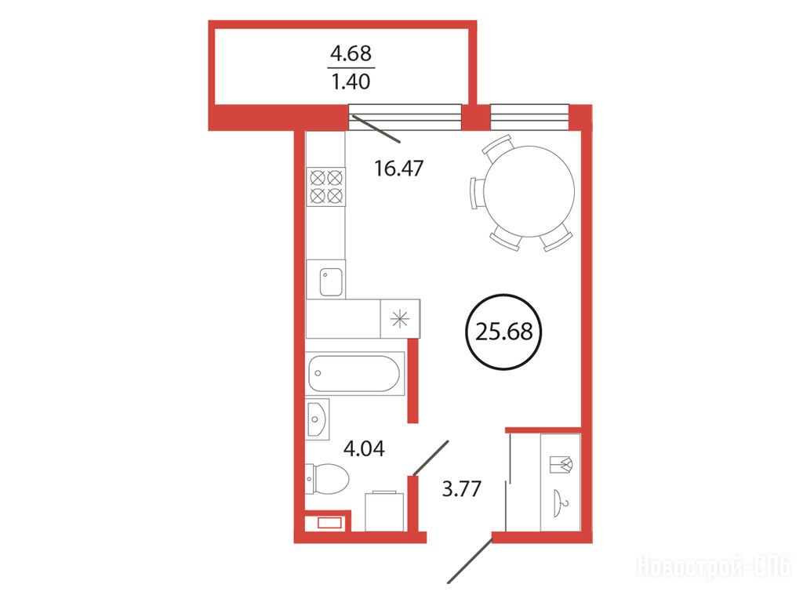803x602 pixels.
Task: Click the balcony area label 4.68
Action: point(351,53)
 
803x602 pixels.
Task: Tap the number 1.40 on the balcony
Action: point(351,82)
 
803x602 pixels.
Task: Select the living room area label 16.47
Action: point(399,168)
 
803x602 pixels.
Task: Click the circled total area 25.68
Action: point(504,332)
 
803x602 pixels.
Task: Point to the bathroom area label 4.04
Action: point(364,448)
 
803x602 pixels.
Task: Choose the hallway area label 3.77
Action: point(461,488)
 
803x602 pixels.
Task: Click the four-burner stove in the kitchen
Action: point(326,187)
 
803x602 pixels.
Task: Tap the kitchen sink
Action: point(331,282)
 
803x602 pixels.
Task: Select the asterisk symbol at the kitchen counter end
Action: point(400,319)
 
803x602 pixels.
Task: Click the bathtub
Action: point(354,374)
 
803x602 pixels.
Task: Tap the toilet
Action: point(327,480)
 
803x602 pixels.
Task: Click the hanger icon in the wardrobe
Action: point(561,502)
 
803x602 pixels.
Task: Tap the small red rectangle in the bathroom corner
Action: point(329,523)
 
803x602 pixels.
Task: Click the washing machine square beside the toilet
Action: point(384,511)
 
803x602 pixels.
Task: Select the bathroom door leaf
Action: point(431,458)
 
